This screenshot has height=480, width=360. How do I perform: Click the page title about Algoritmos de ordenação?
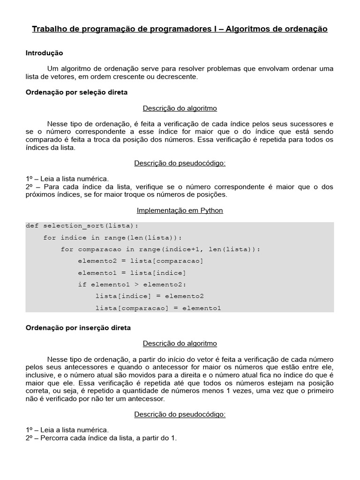tap(180, 29)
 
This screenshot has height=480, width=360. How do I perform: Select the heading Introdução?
tap(44, 53)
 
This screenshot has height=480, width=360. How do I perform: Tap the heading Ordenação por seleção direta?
tap(76, 92)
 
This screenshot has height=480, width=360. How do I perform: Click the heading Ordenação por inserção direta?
tap(78, 328)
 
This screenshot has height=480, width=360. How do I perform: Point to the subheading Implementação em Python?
tap(180, 210)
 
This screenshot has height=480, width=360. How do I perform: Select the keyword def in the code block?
tap(32, 226)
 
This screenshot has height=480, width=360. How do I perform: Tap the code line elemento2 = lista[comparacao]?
tap(141, 261)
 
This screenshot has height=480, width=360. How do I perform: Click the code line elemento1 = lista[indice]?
tap(132, 273)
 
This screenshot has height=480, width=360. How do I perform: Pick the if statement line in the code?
tap(132, 285)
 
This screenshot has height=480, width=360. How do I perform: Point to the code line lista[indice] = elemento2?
tap(150, 296)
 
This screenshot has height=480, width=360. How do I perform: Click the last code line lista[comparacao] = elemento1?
tap(158, 308)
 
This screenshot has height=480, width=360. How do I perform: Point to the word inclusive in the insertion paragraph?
tap(40, 376)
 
